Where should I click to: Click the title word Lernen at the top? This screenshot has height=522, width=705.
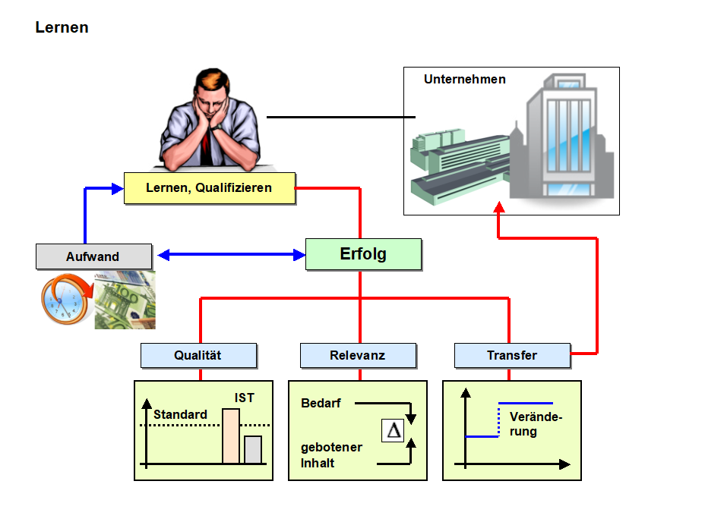62,28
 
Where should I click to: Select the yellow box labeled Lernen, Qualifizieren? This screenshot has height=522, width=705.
209,187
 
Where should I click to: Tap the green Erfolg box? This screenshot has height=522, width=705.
363,254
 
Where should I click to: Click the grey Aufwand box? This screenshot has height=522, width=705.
93,256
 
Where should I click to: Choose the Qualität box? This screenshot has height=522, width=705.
198,355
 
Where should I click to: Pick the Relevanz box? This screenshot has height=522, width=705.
358,355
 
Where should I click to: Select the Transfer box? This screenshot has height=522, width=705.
512,355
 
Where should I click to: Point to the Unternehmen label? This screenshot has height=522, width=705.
464,79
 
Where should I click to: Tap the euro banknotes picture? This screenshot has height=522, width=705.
126,301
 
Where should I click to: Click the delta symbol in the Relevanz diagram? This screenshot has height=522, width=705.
394,430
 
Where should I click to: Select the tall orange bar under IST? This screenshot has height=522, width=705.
231,436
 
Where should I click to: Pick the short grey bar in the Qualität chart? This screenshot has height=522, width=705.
253,449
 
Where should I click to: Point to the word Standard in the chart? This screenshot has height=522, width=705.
180,415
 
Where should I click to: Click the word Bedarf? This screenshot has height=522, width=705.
321,404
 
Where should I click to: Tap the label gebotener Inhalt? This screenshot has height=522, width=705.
331,455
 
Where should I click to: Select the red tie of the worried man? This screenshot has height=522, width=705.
206,152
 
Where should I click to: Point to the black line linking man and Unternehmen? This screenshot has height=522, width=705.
341,118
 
